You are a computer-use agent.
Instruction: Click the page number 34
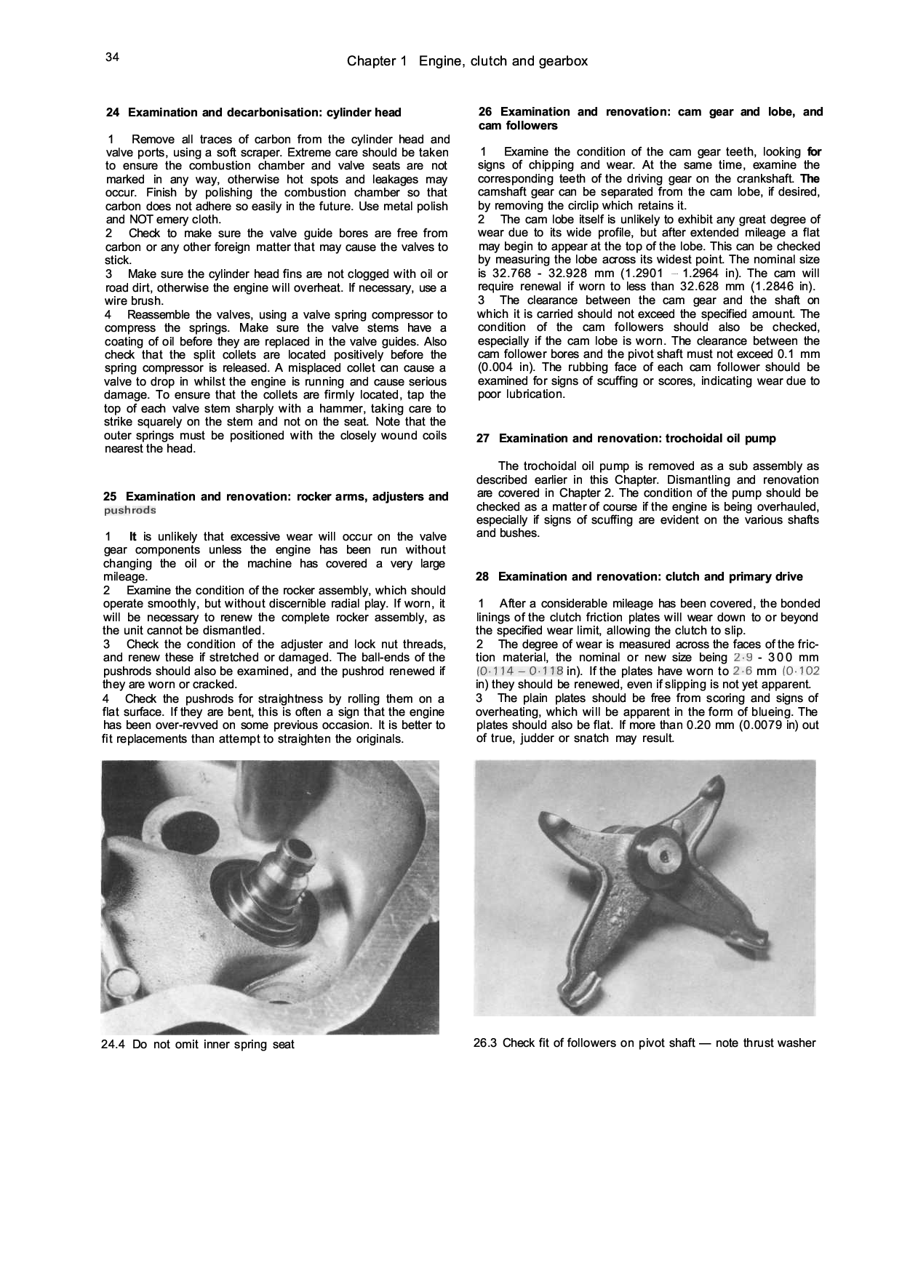[x=112, y=57]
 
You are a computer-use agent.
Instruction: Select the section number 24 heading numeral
[x=113, y=113]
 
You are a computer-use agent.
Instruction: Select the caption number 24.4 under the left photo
[x=113, y=1045]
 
